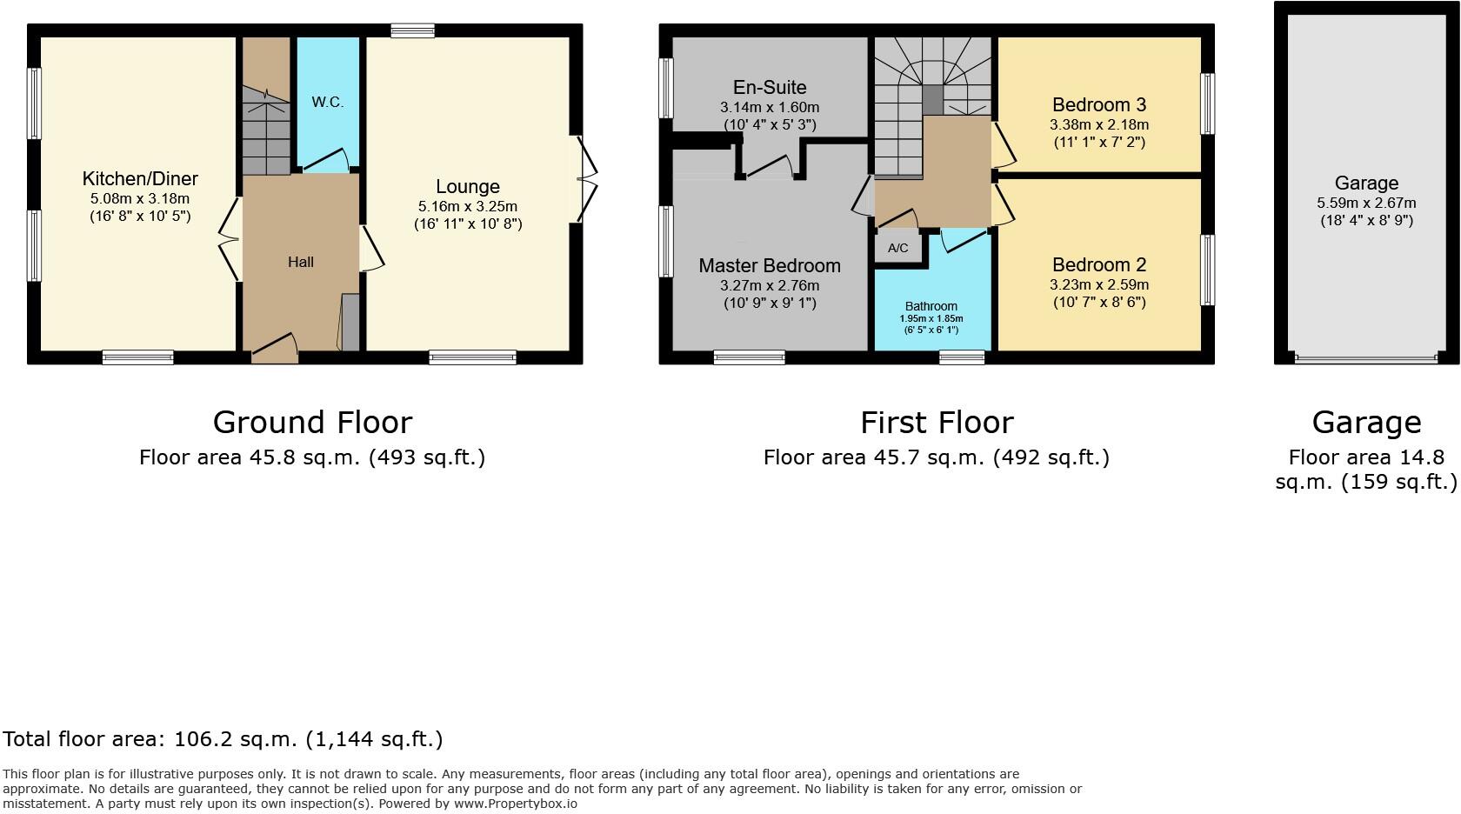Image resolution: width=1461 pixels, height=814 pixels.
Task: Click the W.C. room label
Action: [x=328, y=102]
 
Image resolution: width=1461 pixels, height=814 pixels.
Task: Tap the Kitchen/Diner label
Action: [x=140, y=179]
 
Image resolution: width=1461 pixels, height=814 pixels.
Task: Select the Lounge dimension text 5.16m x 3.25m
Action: [x=468, y=206]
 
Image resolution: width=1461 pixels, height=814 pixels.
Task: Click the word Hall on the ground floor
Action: [x=301, y=262]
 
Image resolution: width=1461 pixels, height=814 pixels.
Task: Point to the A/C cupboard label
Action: [x=898, y=249]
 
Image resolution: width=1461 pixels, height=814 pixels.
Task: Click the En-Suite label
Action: [x=770, y=87]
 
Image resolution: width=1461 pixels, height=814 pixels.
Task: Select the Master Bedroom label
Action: [x=770, y=266]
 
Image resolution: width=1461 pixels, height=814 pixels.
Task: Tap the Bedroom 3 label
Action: [x=1099, y=105]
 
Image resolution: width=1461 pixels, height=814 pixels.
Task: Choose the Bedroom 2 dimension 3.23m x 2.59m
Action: [x=1099, y=284]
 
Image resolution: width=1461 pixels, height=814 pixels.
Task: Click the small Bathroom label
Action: [x=931, y=306]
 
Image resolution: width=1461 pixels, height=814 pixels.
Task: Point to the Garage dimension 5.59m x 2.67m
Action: [x=1366, y=203]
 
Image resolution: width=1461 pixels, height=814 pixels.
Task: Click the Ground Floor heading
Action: [x=312, y=423]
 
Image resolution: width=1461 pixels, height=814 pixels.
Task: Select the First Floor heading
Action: [x=937, y=423]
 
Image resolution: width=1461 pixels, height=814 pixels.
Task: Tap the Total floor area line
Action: [x=223, y=739]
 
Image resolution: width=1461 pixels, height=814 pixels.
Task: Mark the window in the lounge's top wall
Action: [x=412, y=30]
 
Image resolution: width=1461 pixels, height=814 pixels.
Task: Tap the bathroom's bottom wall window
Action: [x=962, y=357]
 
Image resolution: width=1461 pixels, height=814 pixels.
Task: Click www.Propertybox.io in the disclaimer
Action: [x=515, y=804]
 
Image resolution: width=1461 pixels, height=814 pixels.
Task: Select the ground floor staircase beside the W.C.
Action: [x=265, y=130]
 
